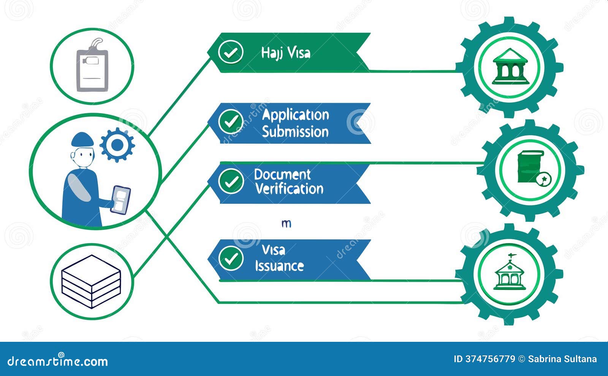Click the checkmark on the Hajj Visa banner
[x=231, y=52]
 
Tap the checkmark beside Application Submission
[x=231, y=122]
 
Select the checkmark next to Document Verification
[x=231, y=181]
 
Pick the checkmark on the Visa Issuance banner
[x=231, y=258]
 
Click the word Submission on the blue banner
[x=295, y=132]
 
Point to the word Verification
[x=289, y=189]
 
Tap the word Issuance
[x=279, y=266]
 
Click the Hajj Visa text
[x=285, y=53]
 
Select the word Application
[x=295, y=115]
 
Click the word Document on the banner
[x=282, y=174]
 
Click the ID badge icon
[x=92, y=66]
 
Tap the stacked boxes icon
[x=91, y=281]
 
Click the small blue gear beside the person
[x=117, y=145]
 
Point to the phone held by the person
[x=120, y=199]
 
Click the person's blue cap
[x=82, y=139]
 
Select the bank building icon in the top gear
[x=510, y=67]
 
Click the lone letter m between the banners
[x=287, y=224]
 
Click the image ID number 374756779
[x=490, y=359]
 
